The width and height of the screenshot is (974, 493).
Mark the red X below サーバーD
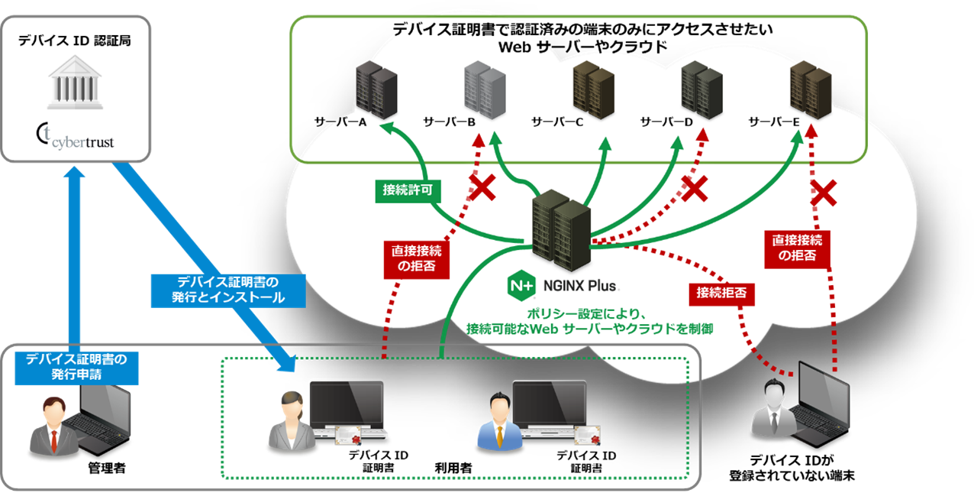pos(695,188)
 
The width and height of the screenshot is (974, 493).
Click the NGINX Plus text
pos(579,287)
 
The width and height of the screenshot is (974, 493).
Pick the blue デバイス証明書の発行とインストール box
pos(228,290)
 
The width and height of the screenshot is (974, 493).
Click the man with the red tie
pos(53,427)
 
